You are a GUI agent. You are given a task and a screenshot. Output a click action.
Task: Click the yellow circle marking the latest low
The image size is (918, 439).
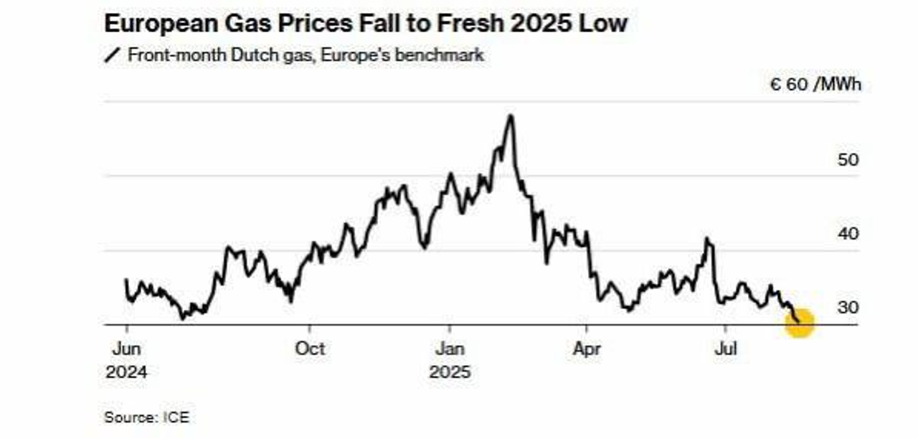[800, 323]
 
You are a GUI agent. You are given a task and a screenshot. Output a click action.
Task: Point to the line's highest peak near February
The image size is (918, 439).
[510, 115]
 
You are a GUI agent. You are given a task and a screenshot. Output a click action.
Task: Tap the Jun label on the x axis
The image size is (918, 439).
[126, 349]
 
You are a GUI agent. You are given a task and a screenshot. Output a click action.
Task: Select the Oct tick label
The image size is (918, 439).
[310, 349]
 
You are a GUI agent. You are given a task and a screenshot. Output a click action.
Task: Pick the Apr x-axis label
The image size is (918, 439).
[587, 349]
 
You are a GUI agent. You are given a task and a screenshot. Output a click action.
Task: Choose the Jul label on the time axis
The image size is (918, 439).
[726, 349]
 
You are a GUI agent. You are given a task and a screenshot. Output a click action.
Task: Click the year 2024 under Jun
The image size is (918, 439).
[126, 372]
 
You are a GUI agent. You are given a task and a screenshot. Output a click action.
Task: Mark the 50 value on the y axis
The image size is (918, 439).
[848, 159]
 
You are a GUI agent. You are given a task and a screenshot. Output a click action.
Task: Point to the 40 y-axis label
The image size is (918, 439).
[848, 234]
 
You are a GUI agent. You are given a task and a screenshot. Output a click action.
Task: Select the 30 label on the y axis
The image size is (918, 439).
[848, 308]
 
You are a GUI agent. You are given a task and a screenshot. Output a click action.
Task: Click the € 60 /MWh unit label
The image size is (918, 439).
[815, 85]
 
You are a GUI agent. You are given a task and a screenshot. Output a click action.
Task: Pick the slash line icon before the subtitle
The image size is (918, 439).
[113, 55]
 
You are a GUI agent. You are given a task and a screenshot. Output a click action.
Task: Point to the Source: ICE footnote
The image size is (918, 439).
[147, 417]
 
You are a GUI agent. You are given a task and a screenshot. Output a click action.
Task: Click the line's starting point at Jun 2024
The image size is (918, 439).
[126, 280]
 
